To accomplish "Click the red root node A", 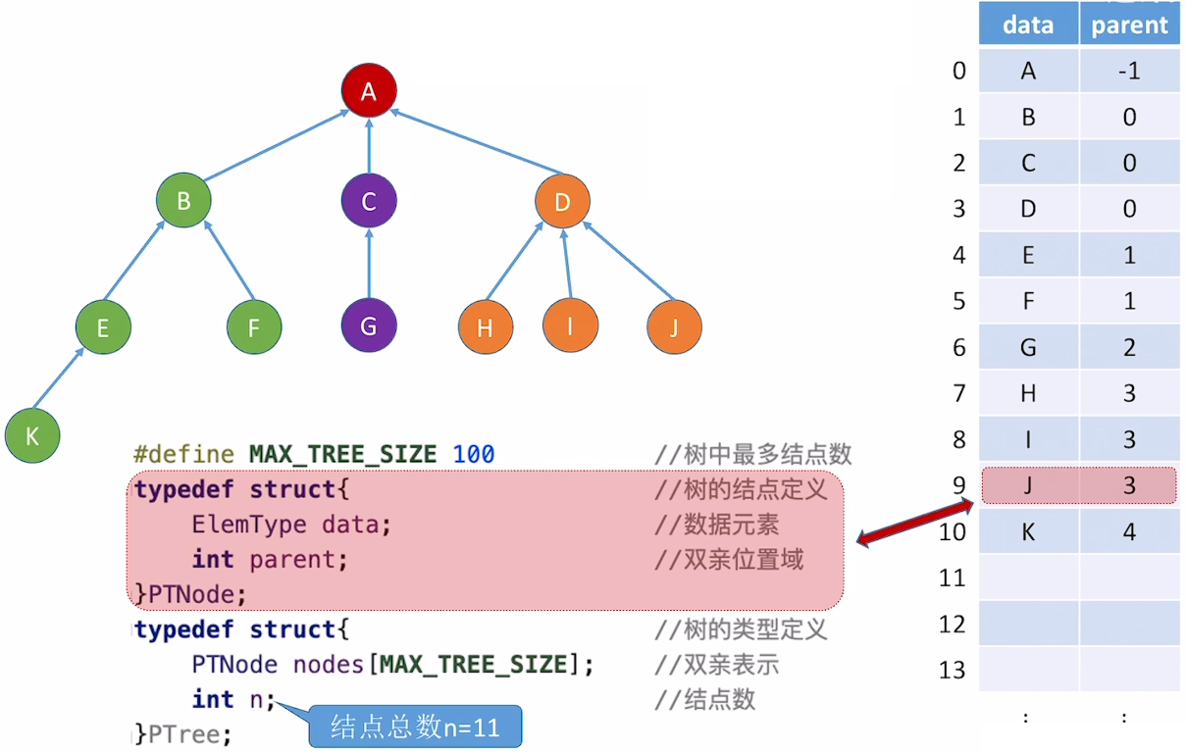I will click(x=369, y=91).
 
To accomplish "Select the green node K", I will click(x=32, y=435).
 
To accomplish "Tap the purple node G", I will click(x=369, y=326).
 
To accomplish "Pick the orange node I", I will click(x=570, y=326).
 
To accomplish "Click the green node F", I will click(x=253, y=326).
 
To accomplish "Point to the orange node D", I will click(x=562, y=203).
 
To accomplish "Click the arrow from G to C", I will click(x=369, y=264).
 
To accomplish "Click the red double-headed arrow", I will click(x=913, y=522).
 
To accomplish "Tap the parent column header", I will click(x=1129, y=25).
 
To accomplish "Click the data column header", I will click(x=1028, y=25).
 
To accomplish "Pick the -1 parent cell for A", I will click(x=1129, y=71).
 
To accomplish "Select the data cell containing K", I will click(x=1028, y=531).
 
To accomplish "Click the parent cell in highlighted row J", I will click(x=1129, y=485).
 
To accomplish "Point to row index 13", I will click(x=953, y=671).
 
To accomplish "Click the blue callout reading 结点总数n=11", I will click(x=415, y=727).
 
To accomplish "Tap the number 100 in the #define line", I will click(x=474, y=454).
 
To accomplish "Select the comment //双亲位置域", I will click(x=729, y=559).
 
